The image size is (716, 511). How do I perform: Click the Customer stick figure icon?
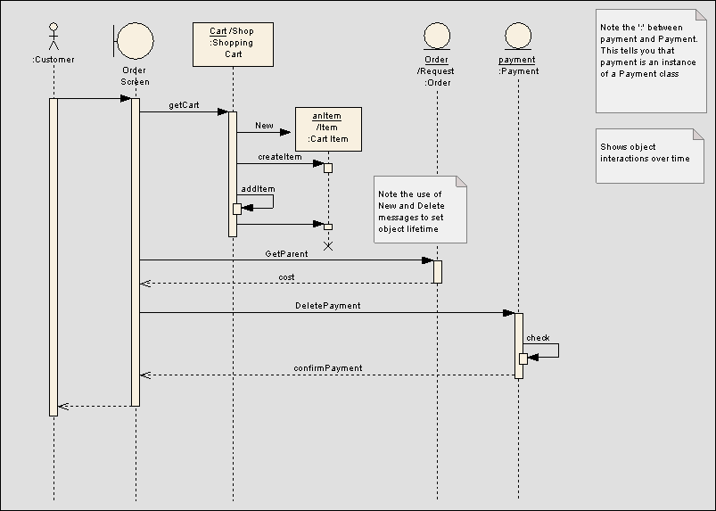pos(53,36)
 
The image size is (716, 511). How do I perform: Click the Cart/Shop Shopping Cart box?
pos(232,44)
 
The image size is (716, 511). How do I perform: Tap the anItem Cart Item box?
pos(328,128)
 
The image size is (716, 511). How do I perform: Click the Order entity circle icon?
pos(437,36)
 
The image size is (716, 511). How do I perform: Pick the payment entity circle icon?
pos(517,36)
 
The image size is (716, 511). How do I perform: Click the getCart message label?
pos(184,105)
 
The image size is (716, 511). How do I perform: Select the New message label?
pos(264,126)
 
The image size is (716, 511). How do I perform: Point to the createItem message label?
pos(279,157)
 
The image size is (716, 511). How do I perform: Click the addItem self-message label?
pos(258,189)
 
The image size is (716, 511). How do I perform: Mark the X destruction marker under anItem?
pos(327,246)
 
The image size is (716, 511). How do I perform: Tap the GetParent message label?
pos(286,254)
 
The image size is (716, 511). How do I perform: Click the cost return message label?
pos(286,277)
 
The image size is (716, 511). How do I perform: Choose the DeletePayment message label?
pos(327,306)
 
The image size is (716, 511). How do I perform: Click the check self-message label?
pos(538,338)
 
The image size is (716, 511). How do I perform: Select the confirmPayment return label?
pos(327,368)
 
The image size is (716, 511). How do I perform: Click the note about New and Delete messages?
pos(420,210)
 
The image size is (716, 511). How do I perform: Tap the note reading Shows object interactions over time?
pos(644,155)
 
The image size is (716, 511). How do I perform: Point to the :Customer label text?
pos(53,60)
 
